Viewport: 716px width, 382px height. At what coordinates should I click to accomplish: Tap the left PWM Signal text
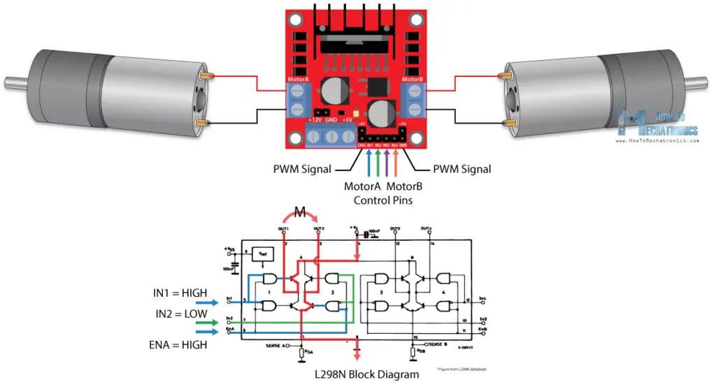pyautogui.click(x=301, y=169)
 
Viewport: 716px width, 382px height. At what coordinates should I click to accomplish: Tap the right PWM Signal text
pyautogui.click(x=461, y=169)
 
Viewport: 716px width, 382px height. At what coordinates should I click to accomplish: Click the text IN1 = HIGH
pyautogui.click(x=180, y=293)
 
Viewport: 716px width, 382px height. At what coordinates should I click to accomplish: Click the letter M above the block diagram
pyautogui.click(x=299, y=212)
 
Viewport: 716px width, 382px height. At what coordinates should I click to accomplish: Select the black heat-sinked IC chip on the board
pyautogui.click(x=357, y=45)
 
